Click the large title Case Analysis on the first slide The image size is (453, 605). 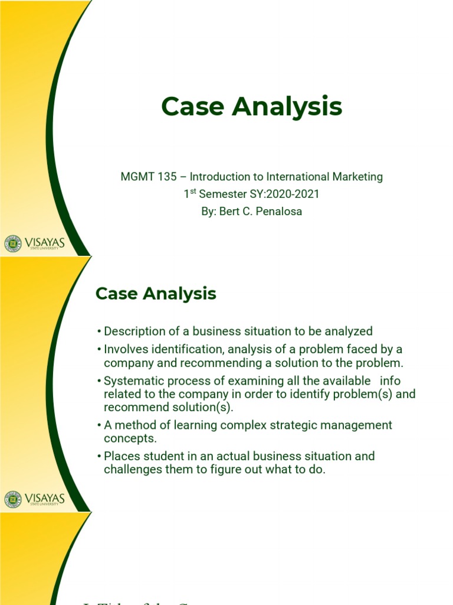point(251,107)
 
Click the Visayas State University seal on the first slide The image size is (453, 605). point(12,243)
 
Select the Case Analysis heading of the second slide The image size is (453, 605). point(156,293)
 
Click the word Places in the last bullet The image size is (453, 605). point(119,456)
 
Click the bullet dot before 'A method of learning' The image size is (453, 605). point(99,425)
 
